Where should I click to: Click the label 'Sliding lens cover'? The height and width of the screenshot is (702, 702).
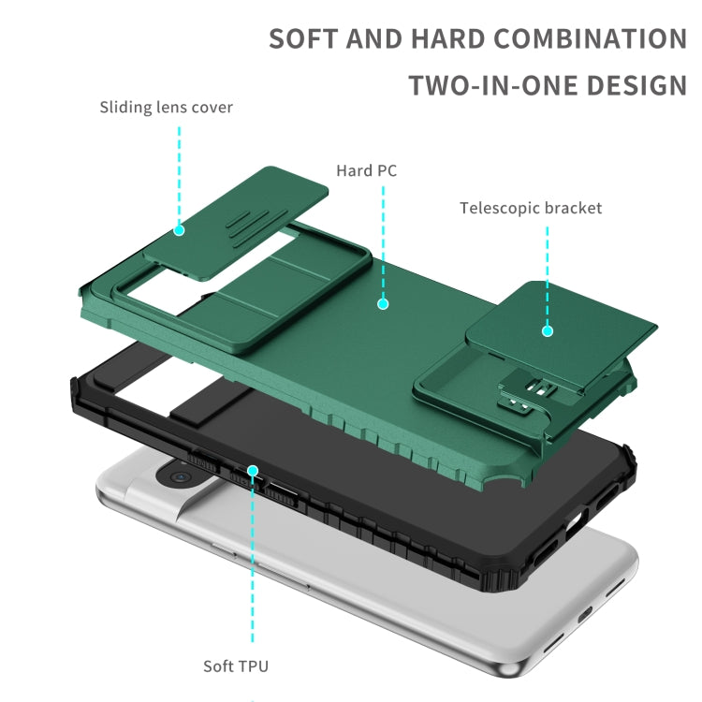pyautogui.click(x=166, y=107)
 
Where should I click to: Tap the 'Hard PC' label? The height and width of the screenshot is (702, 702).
pyautogui.click(x=367, y=170)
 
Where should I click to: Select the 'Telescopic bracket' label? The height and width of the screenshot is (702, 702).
pyautogui.click(x=531, y=208)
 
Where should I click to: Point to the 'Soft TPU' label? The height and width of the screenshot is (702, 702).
pyautogui.click(x=236, y=666)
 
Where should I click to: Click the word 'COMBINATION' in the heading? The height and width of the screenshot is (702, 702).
pyautogui.click(x=590, y=39)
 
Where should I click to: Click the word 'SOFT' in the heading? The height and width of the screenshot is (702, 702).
pyautogui.click(x=303, y=39)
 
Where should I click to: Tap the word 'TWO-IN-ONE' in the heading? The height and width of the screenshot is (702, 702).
pyautogui.click(x=492, y=85)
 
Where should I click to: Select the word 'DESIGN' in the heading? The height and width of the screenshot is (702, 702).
pyautogui.click(x=636, y=85)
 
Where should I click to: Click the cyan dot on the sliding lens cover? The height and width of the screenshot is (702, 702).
pyautogui.click(x=178, y=228)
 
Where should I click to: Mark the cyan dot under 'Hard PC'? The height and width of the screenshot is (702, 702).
pyautogui.click(x=382, y=303)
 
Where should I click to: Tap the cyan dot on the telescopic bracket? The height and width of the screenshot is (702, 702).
pyautogui.click(x=548, y=330)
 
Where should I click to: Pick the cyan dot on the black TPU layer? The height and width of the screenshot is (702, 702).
pyautogui.click(x=252, y=470)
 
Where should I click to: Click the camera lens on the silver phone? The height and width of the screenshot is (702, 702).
pyautogui.click(x=180, y=477)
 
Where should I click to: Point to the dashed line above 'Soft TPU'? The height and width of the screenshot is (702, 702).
pyautogui.click(x=252, y=562)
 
